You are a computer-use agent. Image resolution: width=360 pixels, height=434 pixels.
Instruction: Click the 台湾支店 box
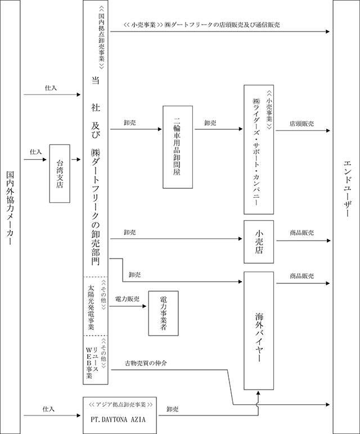[x=60, y=174]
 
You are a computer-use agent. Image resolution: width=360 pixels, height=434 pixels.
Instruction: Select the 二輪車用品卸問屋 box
[x=178, y=147]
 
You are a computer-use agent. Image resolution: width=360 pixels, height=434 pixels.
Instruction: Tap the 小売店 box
[x=259, y=242]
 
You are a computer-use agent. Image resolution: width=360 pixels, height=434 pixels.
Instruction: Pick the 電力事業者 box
[x=163, y=313]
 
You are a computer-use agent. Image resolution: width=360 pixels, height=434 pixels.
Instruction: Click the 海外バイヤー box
[x=259, y=331]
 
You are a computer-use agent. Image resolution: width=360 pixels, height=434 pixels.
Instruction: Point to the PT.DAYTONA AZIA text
[x=118, y=419]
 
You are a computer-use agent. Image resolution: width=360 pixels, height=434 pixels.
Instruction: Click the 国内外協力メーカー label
[x=10, y=208]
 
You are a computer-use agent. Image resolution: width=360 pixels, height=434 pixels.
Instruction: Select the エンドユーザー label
[x=348, y=188]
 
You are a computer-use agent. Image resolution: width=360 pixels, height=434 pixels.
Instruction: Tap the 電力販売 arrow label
[x=127, y=299]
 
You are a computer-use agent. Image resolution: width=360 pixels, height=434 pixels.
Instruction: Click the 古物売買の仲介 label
[x=146, y=363]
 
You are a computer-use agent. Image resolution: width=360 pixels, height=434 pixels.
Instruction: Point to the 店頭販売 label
[x=302, y=124]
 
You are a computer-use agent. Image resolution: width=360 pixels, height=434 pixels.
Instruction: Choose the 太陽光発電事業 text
[x=91, y=308]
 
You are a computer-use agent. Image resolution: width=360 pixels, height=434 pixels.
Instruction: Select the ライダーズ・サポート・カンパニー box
[x=259, y=150]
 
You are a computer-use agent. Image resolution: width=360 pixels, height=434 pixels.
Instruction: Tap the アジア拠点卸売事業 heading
[x=120, y=404]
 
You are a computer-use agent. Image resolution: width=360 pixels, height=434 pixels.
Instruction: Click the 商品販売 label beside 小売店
[x=302, y=233]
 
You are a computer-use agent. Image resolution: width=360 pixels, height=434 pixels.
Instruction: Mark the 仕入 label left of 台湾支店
[x=36, y=152]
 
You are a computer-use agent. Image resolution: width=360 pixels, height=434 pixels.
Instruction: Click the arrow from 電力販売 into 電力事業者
[x=128, y=306]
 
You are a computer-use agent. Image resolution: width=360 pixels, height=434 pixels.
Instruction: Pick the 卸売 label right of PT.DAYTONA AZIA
[x=173, y=409]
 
